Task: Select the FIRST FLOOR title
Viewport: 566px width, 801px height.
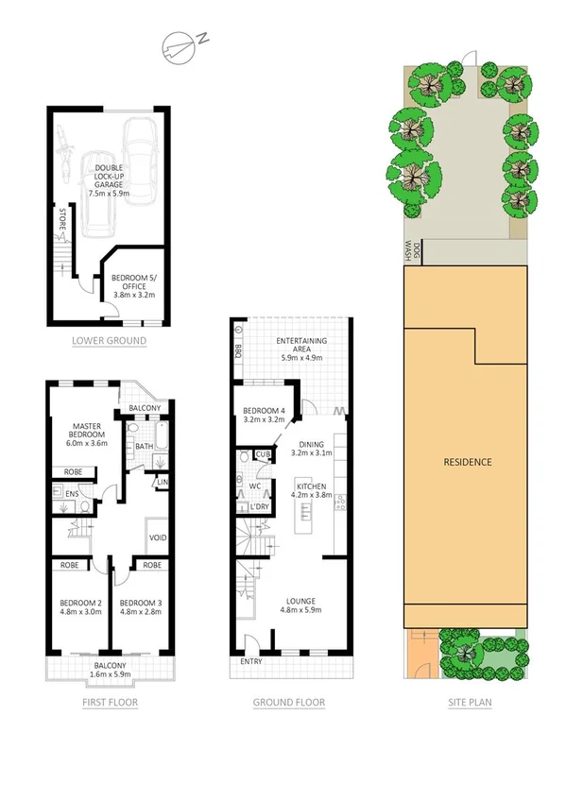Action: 111,702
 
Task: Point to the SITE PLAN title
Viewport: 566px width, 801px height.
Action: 470,702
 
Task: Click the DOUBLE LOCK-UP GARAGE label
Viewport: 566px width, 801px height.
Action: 108,180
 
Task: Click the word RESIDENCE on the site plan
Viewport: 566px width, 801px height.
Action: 469,462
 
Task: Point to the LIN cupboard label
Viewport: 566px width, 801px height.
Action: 163,484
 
